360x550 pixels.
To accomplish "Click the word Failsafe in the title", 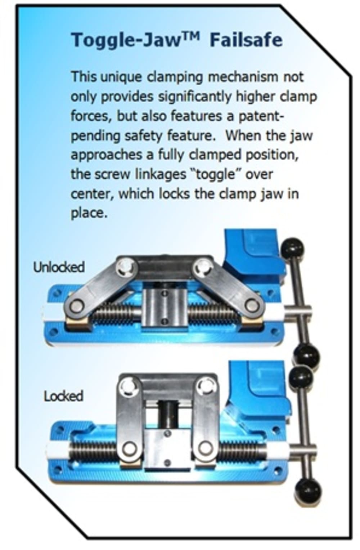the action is [246, 40].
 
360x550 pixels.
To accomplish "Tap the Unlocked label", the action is [59, 267].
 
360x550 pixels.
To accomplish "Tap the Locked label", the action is [64, 396].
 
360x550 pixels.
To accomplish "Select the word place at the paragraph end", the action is [89, 213].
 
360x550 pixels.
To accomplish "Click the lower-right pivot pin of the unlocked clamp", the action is [251, 305].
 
